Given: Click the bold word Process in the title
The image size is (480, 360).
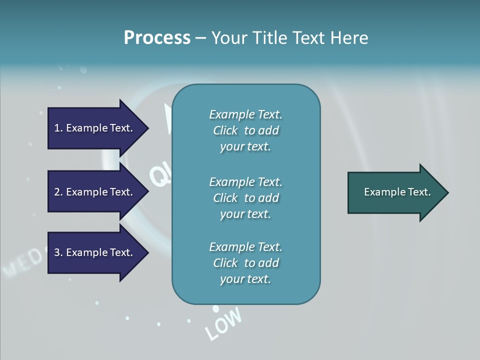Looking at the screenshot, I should pos(157,38).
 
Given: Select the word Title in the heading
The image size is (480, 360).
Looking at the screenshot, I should pos(270,38).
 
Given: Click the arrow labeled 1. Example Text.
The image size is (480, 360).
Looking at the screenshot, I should pos(93,128).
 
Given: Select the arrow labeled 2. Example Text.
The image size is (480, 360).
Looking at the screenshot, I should pos(93,192).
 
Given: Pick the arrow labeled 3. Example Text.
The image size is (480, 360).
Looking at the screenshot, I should pos(93,252).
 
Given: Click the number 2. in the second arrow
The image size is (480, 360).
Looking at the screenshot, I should pos(58,192).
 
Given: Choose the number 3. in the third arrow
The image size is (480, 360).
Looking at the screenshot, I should pos(58,252).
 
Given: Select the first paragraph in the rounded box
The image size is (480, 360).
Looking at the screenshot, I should pos(245,130).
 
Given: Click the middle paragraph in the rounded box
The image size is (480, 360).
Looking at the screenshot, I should pos(245,198).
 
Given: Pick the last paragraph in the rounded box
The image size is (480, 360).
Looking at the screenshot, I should pos(245,263).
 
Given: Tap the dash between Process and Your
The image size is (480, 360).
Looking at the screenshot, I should pos(200,38).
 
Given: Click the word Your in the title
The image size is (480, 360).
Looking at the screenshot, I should pos(231,38).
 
